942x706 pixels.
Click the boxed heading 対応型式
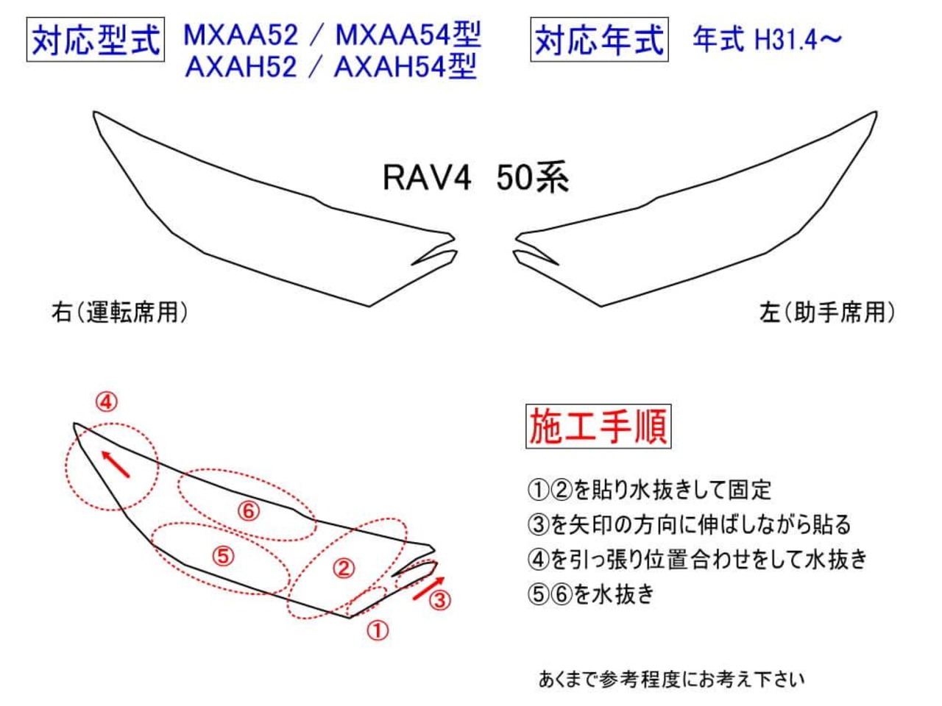(x=96, y=40)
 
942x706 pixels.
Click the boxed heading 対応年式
(x=599, y=40)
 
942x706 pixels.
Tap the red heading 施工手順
(x=598, y=426)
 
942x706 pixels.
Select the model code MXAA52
(x=241, y=35)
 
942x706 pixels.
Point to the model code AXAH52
(x=241, y=67)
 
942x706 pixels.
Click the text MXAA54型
(x=408, y=35)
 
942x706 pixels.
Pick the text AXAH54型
(x=406, y=67)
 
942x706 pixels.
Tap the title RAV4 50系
(x=475, y=178)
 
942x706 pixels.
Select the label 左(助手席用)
(x=827, y=313)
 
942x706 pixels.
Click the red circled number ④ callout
(x=107, y=402)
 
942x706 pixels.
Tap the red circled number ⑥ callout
(x=249, y=510)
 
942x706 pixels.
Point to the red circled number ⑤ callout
(x=222, y=556)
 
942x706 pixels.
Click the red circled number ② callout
(x=344, y=568)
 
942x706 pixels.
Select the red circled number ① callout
(x=377, y=630)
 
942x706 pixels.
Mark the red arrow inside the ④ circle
(x=116, y=463)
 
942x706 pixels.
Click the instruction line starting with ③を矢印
(x=689, y=524)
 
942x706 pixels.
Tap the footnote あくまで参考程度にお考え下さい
(x=671, y=679)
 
